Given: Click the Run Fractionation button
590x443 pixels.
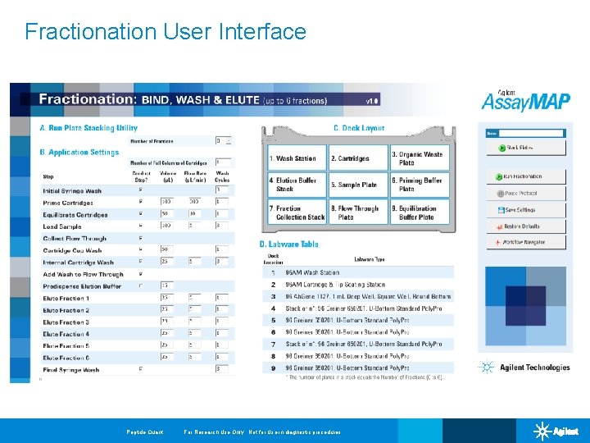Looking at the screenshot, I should [525, 176].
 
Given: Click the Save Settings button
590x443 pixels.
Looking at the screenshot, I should [525, 210].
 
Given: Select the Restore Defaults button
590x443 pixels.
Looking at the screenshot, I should [525, 226].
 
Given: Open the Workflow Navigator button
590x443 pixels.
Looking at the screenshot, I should [525, 243].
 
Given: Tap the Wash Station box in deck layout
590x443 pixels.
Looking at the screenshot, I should [297, 158].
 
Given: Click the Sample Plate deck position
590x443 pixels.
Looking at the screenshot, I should [357, 185].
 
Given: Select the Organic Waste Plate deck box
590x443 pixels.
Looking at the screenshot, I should [419, 158].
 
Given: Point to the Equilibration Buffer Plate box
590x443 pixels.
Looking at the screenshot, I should [419, 212].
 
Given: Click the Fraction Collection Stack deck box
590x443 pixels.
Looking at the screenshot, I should [297, 212].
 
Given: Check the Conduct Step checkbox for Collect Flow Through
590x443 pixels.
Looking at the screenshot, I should [140, 239].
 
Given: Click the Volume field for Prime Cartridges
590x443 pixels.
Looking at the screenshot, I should [167, 202].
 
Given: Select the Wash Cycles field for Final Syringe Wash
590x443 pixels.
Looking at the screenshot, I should [222, 370].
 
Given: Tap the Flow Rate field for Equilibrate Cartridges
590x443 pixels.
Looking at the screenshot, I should [195, 214].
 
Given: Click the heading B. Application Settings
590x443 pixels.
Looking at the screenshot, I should [79, 153].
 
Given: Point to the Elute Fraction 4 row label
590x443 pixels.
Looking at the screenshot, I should [66, 335].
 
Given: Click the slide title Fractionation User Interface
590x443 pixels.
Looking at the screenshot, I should [166, 32].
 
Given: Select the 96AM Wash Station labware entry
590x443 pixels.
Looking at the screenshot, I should [312, 272].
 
